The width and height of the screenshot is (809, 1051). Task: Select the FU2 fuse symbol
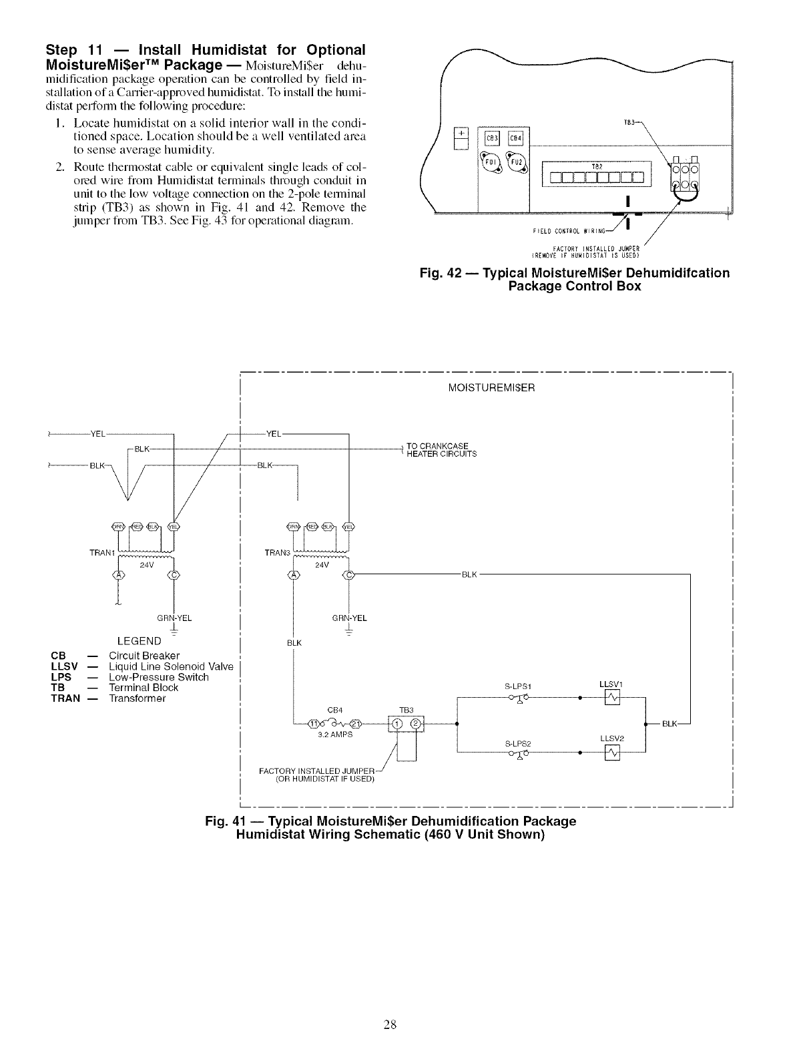(x=515, y=162)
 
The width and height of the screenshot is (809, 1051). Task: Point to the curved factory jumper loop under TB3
(x=685, y=193)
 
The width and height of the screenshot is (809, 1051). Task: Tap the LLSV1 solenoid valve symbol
(x=611, y=698)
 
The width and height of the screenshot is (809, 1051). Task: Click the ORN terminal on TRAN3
(x=292, y=525)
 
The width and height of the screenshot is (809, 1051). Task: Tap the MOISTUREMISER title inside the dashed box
(x=491, y=387)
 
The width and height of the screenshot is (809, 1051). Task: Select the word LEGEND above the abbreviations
(x=139, y=641)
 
